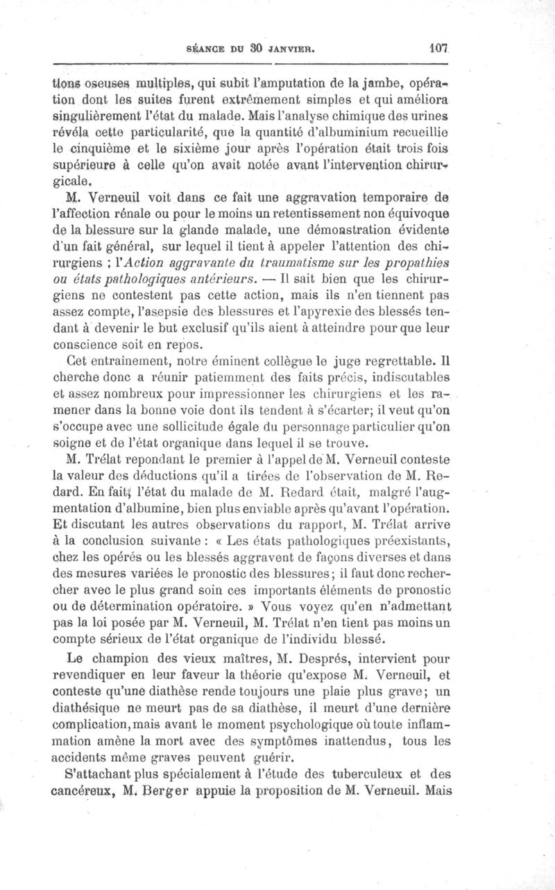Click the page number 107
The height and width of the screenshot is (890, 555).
coord(440,49)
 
